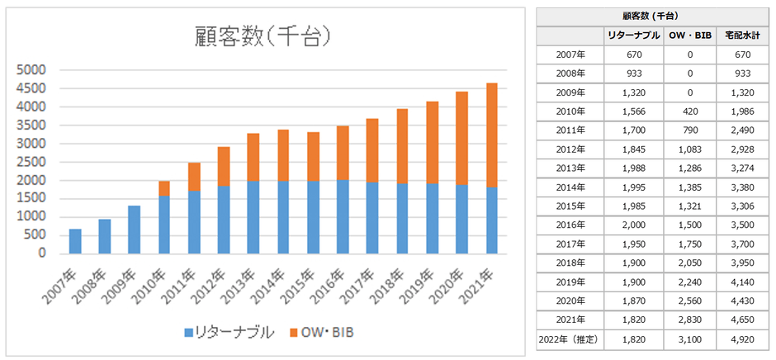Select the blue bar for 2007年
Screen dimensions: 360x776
pyautogui.click(x=75, y=241)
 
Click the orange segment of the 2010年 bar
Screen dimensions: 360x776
pyautogui.click(x=164, y=188)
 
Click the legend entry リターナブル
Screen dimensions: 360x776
pyautogui.click(x=235, y=333)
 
